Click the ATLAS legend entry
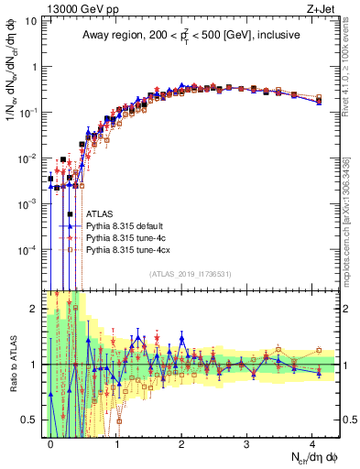[100, 213]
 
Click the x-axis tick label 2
[181, 442]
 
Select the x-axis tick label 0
[50, 442]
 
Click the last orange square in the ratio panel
[319, 350]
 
